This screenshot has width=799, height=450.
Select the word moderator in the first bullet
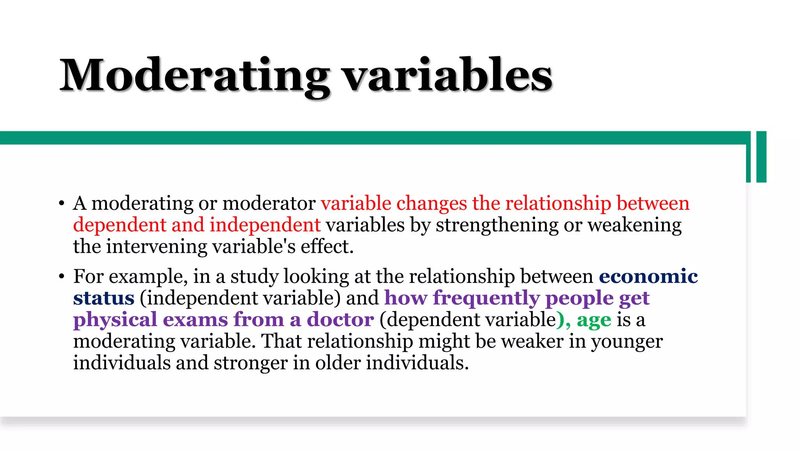[x=269, y=204]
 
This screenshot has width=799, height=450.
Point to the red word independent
[x=265, y=225]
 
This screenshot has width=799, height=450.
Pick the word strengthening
[x=497, y=226]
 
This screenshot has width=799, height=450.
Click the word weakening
[x=635, y=226]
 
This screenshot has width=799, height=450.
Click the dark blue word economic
[x=648, y=277]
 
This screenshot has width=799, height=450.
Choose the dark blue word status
[x=104, y=298]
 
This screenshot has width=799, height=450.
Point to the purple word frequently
[x=486, y=299]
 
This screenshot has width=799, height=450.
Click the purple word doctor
[x=340, y=320]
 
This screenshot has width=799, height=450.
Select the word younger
[x=627, y=342]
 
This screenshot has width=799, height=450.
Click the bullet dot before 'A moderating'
[x=61, y=204]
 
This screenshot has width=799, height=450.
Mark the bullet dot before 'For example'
[x=61, y=277]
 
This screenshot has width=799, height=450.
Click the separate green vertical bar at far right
[x=761, y=157]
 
